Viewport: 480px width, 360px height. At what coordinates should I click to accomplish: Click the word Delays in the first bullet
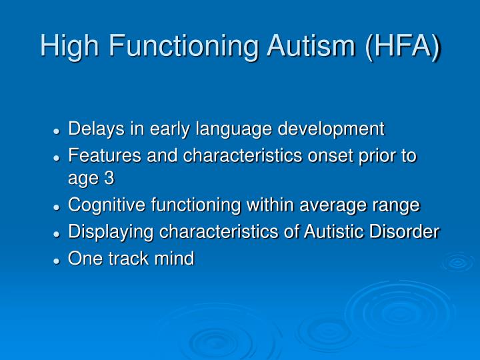click(91, 128)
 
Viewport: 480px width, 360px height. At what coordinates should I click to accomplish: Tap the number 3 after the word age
click(109, 179)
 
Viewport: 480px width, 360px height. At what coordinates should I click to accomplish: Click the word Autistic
click(331, 231)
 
